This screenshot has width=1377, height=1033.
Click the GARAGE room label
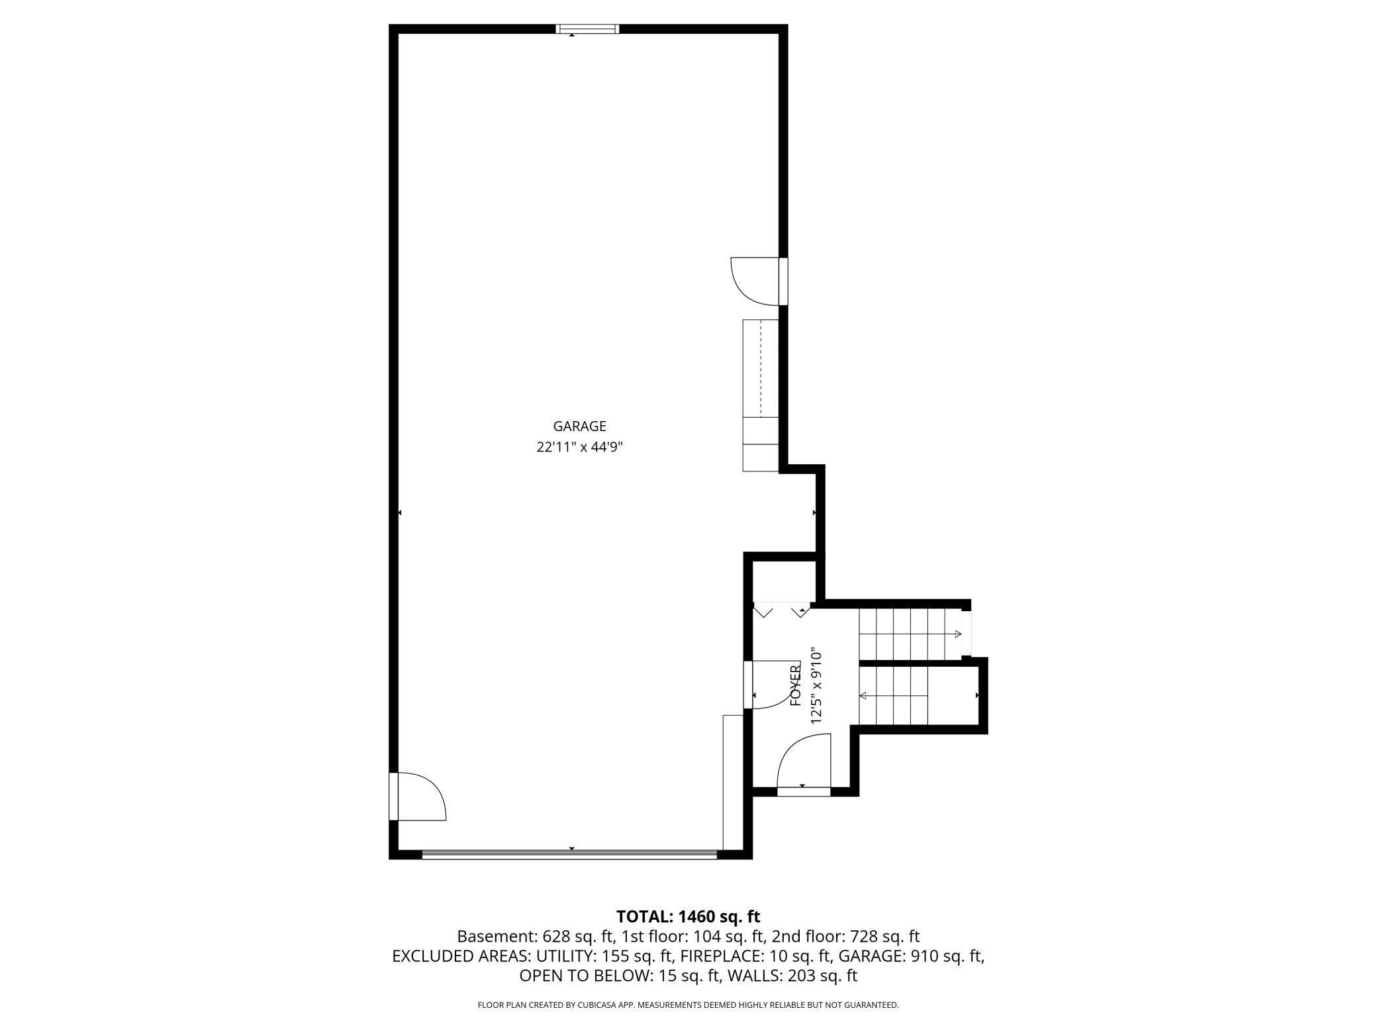tap(579, 426)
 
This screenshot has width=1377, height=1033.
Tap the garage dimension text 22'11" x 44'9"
tap(579, 447)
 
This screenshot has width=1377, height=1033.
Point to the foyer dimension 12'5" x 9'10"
tap(816, 686)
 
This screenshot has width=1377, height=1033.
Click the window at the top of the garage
tap(587, 28)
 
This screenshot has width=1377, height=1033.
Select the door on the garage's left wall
tap(417, 796)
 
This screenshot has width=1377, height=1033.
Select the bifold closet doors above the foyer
tap(782, 610)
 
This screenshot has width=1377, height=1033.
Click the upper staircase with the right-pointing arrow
tap(910, 634)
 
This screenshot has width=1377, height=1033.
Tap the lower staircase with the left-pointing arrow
tap(894, 696)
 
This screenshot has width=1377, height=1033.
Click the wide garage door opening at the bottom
tap(569, 854)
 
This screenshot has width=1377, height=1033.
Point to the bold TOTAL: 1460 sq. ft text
tap(688, 916)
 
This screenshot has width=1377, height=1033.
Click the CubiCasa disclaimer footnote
tap(688, 1005)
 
